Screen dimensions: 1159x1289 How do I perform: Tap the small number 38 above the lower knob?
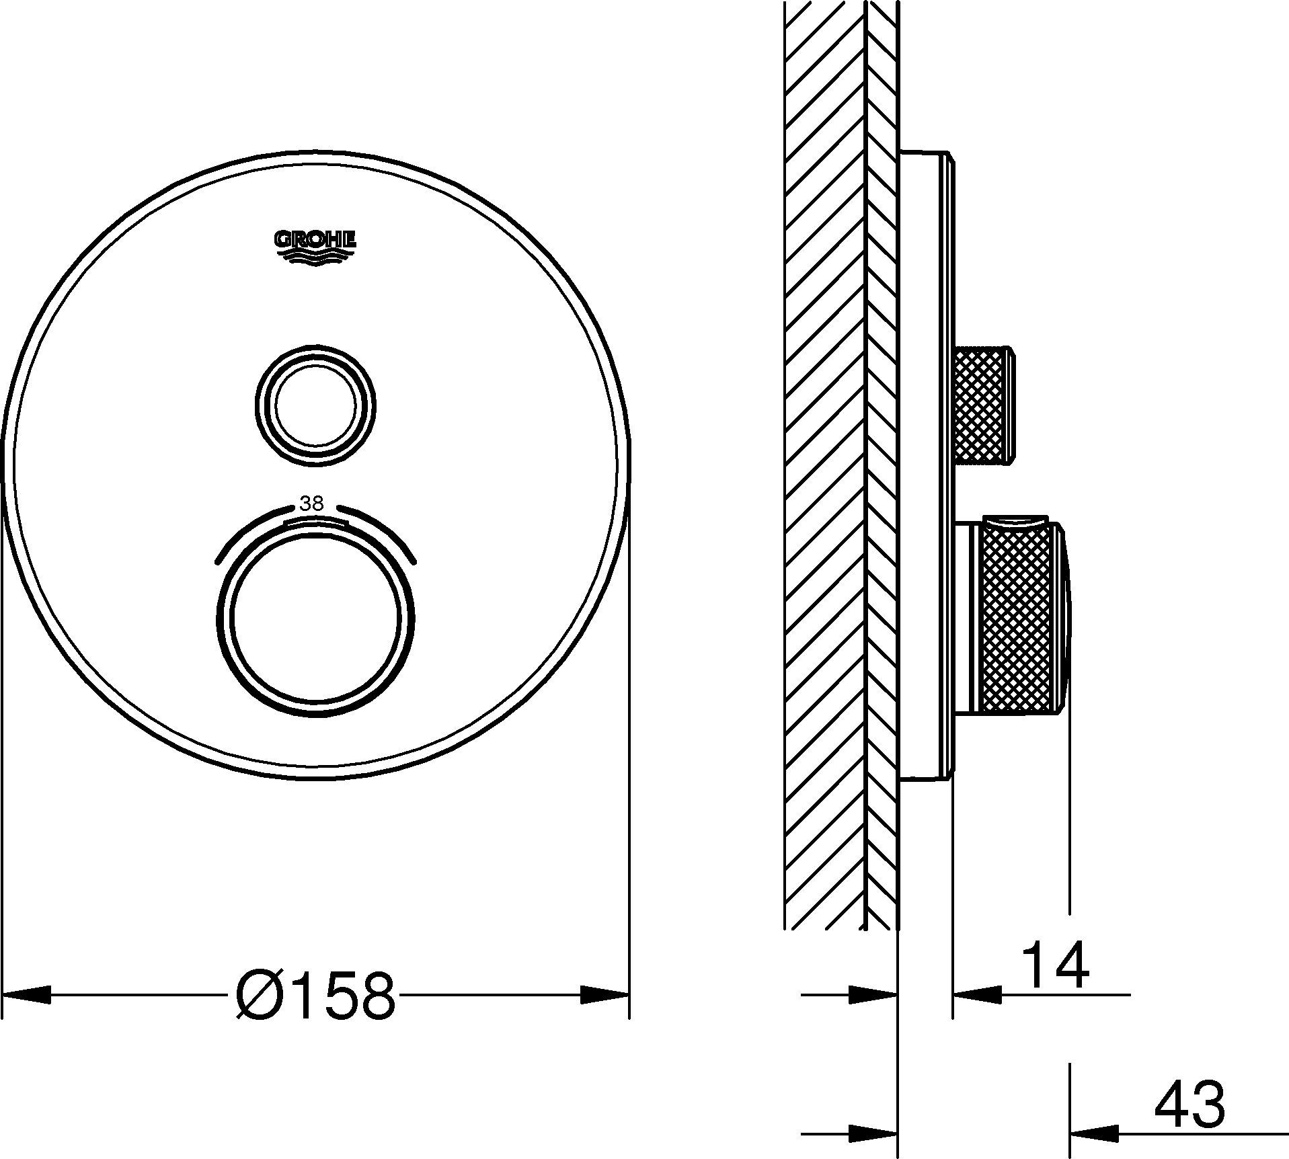311,504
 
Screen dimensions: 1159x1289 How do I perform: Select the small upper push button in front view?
315,405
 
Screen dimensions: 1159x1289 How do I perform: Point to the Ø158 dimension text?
316,995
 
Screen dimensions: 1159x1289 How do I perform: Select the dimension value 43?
1189,1104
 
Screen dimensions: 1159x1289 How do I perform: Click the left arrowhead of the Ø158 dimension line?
27,995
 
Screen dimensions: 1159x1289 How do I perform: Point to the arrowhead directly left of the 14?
976,994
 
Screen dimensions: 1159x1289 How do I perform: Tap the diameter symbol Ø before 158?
260,995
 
